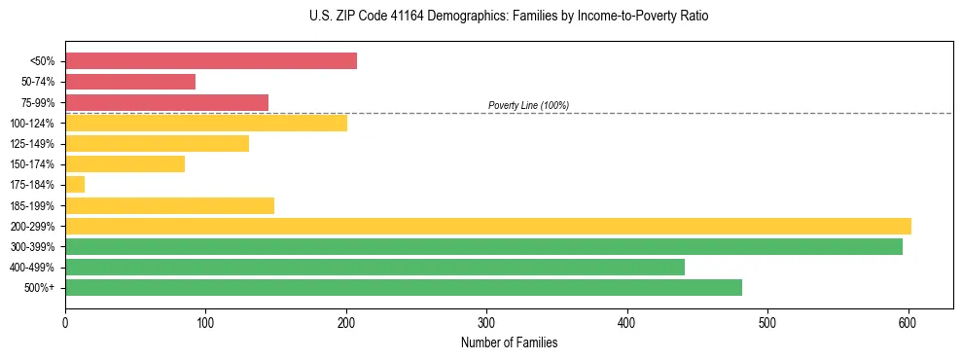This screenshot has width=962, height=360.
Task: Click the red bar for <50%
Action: [210, 61]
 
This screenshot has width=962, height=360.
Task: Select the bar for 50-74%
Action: [130, 82]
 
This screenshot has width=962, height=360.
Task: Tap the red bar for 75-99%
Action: [166, 102]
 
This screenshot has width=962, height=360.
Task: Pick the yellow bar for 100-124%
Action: [205, 123]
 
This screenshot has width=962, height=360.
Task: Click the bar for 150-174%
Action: [125, 164]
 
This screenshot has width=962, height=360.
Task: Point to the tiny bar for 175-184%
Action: [75, 185]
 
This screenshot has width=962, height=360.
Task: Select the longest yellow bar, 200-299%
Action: [487, 226]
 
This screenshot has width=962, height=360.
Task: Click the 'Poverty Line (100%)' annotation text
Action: [528, 105]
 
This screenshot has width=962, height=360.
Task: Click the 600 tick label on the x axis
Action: [908, 320]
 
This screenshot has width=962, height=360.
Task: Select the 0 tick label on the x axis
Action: [65, 320]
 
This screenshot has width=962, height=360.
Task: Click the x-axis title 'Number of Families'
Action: [509, 342]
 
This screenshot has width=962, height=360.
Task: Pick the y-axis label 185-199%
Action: [32, 205]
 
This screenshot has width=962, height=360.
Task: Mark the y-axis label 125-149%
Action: [32, 144]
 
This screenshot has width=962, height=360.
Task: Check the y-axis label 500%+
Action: [39, 288]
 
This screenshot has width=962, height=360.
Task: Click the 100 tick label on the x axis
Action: [205, 320]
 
